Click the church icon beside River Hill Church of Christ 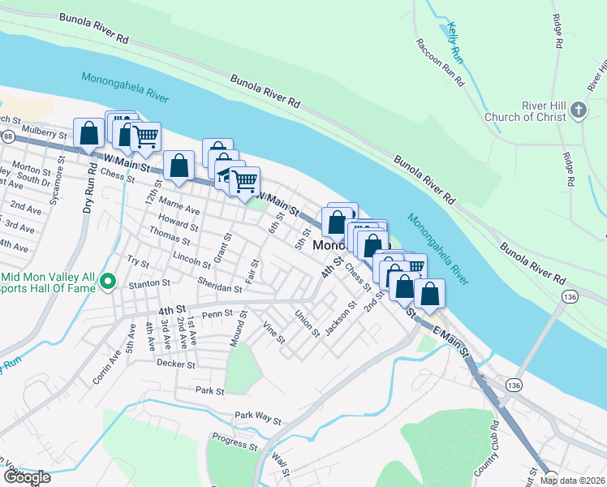point(577,110)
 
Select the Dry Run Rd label point(87,192)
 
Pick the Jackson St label point(340,320)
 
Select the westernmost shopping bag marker point(88,133)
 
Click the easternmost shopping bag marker point(429,293)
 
